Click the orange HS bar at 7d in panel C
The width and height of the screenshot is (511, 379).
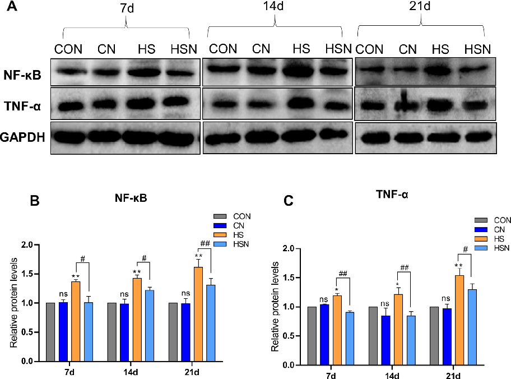(x=337, y=330)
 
